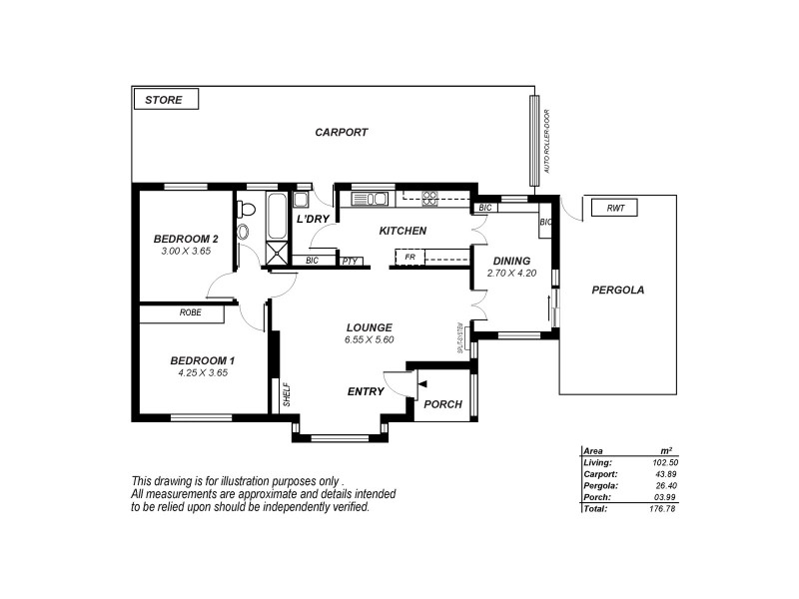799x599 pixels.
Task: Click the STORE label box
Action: pyautogui.click(x=166, y=99)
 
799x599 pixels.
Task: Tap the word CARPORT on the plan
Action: pyautogui.click(x=342, y=132)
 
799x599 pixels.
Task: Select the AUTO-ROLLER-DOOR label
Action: pyautogui.click(x=547, y=149)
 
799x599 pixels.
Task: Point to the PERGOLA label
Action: pyautogui.click(x=617, y=291)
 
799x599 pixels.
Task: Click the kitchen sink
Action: pyautogui.click(x=370, y=199)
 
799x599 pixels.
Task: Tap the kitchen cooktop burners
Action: pyautogui.click(x=430, y=199)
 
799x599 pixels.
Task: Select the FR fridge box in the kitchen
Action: pyautogui.click(x=409, y=258)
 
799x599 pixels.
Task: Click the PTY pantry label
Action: pyautogui.click(x=350, y=262)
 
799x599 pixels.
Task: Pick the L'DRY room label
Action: pyautogui.click(x=313, y=219)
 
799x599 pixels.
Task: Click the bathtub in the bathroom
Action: pyautogui.click(x=277, y=217)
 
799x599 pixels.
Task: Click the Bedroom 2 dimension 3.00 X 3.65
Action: pyautogui.click(x=186, y=252)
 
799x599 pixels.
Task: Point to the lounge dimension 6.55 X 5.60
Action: pyautogui.click(x=369, y=339)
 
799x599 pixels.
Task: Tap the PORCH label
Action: pyautogui.click(x=442, y=404)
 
